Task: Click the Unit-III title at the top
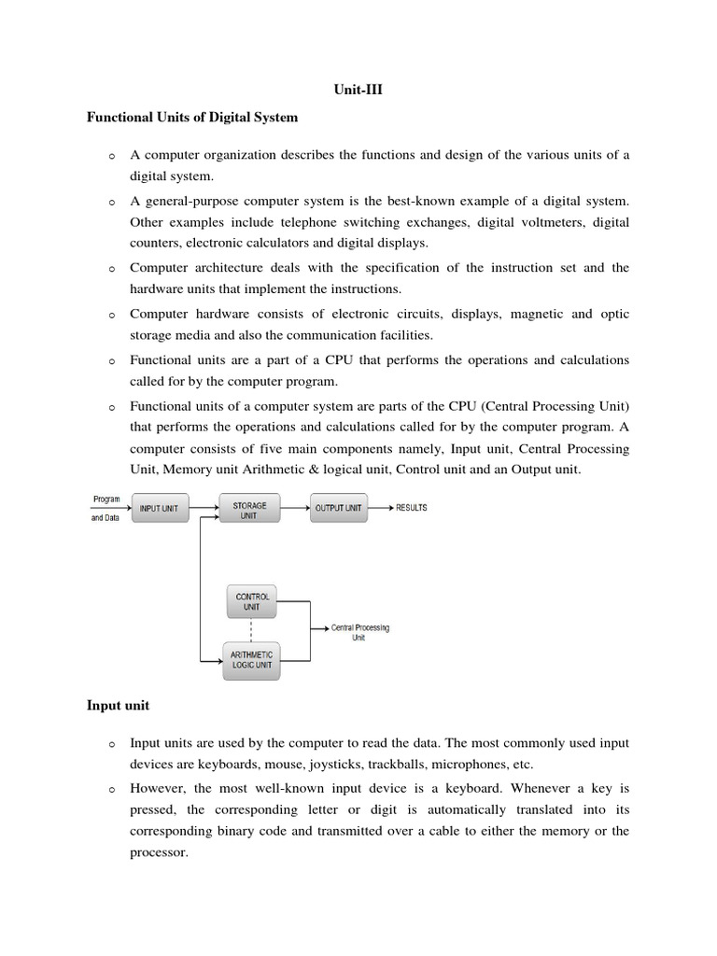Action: click(358, 90)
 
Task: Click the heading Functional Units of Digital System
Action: click(192, 117)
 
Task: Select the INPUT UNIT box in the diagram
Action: click(164, 509)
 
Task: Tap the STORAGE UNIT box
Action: click(249, 509)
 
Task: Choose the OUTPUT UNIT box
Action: click(339, 509)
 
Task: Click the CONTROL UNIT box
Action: click(252, 602)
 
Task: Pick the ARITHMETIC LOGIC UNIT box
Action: click(252, 660)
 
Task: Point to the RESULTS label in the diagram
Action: click(411, 509)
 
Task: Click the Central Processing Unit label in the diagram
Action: click(359, 633)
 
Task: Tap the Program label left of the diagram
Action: click(105, 499)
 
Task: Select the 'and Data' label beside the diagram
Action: click(105, 519)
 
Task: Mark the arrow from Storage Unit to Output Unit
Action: click(294, 509)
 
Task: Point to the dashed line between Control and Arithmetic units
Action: click(252, 630)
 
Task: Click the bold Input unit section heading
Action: click(119, 707)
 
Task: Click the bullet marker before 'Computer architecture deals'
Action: click(110, 270)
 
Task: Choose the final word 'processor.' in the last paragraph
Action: click(159, 852)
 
